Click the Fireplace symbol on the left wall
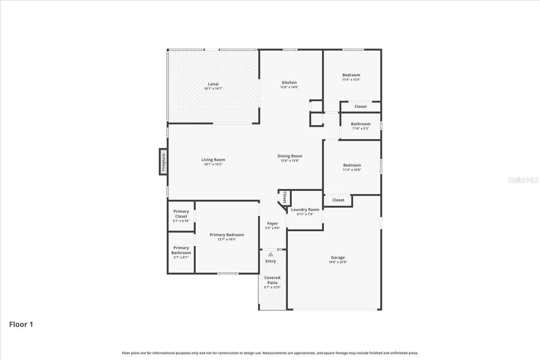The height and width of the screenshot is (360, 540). tap(163, 162)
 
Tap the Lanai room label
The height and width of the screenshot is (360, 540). tap(213, 84)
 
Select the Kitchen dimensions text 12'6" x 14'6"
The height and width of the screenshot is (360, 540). tap(289, 87)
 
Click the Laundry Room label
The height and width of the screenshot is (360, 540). tap(305, 210)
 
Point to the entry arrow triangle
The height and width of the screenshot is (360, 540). tap(271, 254)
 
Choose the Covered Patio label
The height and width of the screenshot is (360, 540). tap(272, 280)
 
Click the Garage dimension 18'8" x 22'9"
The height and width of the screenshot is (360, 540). tap(338, 262)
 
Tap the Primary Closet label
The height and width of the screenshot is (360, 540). tap(181, 214)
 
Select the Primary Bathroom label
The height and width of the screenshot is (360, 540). tap(181, 250)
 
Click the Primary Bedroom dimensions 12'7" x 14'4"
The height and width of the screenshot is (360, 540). tap(227, 240)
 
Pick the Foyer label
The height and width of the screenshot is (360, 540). tap(272, 223)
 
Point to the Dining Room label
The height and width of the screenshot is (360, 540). tap(290, 156)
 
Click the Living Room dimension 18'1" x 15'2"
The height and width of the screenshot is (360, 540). tap(213, 164)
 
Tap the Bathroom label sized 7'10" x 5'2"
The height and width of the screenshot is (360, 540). tap(360, 124)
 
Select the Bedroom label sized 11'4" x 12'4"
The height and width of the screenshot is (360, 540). tap(351, 75)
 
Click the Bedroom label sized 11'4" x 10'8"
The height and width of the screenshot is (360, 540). tap(352, 165)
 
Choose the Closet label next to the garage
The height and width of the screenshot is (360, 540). tap(338, 200)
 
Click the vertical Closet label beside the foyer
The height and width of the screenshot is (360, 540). tap(285, 197)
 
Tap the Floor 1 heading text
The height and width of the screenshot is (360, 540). tap(21, 325)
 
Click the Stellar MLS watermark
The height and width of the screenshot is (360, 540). tap(523, 180)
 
